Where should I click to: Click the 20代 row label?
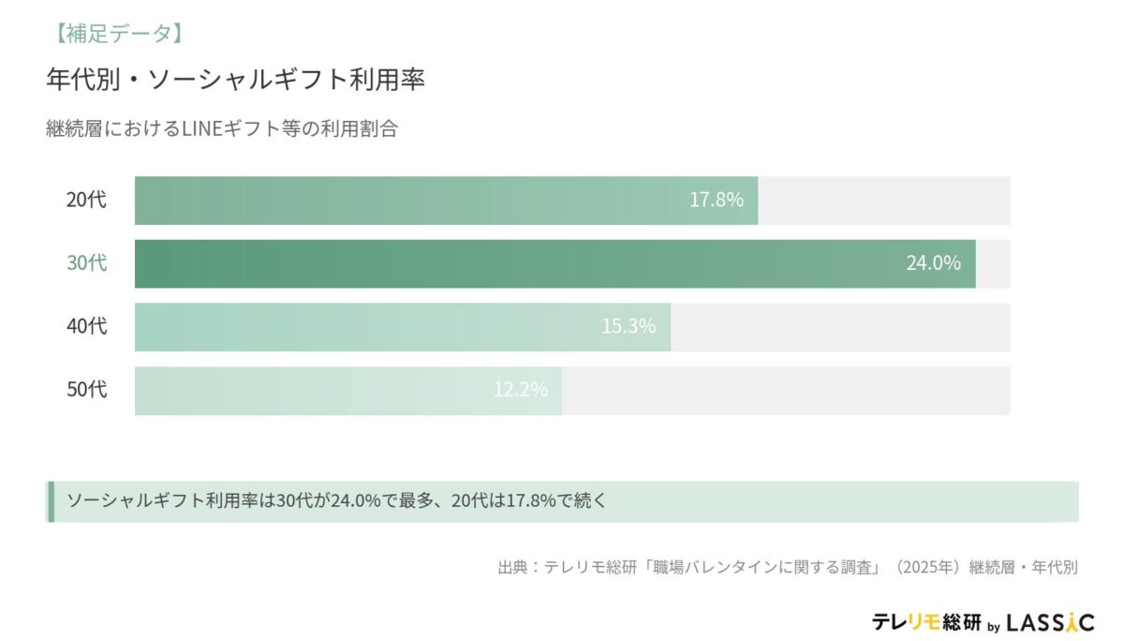tap(86, 200)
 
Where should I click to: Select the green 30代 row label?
tap(86, 263)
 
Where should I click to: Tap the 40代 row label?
tap(86, 326)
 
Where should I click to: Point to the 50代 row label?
tap(86, 390)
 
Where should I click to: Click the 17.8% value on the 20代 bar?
tap(717, 200)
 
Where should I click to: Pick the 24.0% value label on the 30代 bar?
tap(933, 263)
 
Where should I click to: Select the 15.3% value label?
tap(629, 327)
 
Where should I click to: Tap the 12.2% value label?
tap(521, 390)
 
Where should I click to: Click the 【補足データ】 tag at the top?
tap(113, 34)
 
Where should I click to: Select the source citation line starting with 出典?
tap(788, 567)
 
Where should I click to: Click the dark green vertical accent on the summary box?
tap(50, 501)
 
